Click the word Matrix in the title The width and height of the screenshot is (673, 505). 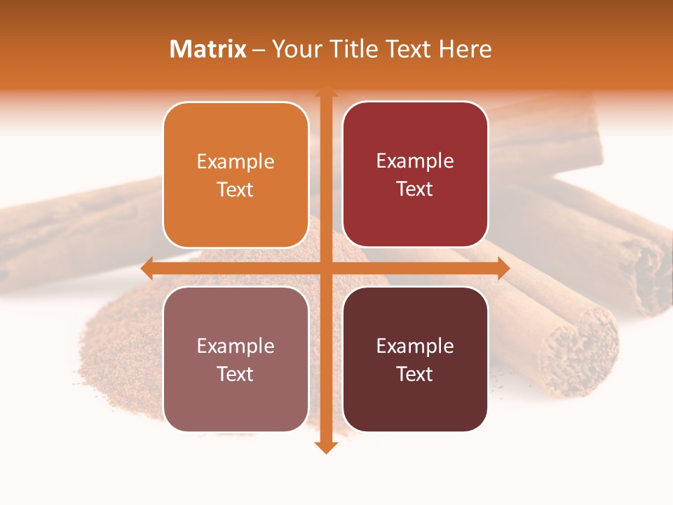pyautogui.click(x=208, y=49)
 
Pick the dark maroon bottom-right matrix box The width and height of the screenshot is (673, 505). pyautogui.click(x=415, y=403)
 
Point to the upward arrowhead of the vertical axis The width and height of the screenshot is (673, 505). pyautogui.click(x=325, y=90)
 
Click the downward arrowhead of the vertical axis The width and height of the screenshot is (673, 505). pyautogui.click(x=325, y=447)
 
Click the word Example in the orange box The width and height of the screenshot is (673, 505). pyautogui.click(x=236, y=162)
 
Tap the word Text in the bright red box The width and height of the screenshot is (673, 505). pyautogui.click(x=415, y=189)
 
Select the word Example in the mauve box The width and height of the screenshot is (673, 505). pyautogui.click(x=236, y=346)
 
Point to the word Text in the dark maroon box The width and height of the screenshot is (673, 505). pyautogui.click(x=415, y=374)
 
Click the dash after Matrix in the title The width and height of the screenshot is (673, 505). pyautogui.click(x=259, y=50)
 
